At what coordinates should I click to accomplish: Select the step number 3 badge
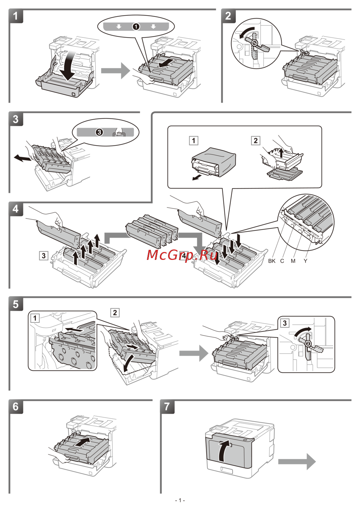(16, 120)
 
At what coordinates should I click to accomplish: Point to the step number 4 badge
(16, 209)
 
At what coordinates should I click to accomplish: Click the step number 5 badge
(16, 305)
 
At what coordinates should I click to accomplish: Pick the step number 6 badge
(16, 407)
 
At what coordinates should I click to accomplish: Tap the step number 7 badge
(167, 407)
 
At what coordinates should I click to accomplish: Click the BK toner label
(272, 261)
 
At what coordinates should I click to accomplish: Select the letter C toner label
(282, 261)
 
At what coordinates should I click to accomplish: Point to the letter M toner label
(293, 261)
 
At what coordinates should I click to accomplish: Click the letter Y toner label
(305, 261)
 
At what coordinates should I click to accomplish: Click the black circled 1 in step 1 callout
(136, 27)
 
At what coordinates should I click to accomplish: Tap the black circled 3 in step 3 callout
(99, 132)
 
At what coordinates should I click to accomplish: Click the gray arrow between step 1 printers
(115, 70)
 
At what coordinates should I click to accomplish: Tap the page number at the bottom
(180, 500)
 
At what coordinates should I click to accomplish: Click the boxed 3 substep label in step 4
(44, 256)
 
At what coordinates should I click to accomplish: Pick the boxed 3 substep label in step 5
(285, 323)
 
